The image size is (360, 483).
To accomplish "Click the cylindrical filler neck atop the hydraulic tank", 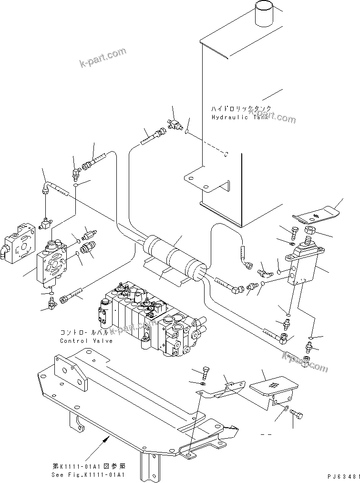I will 263,14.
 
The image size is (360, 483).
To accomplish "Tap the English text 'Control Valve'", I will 86,340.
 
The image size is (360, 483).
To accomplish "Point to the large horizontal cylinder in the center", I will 174,255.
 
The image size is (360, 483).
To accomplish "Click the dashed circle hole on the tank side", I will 227,154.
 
